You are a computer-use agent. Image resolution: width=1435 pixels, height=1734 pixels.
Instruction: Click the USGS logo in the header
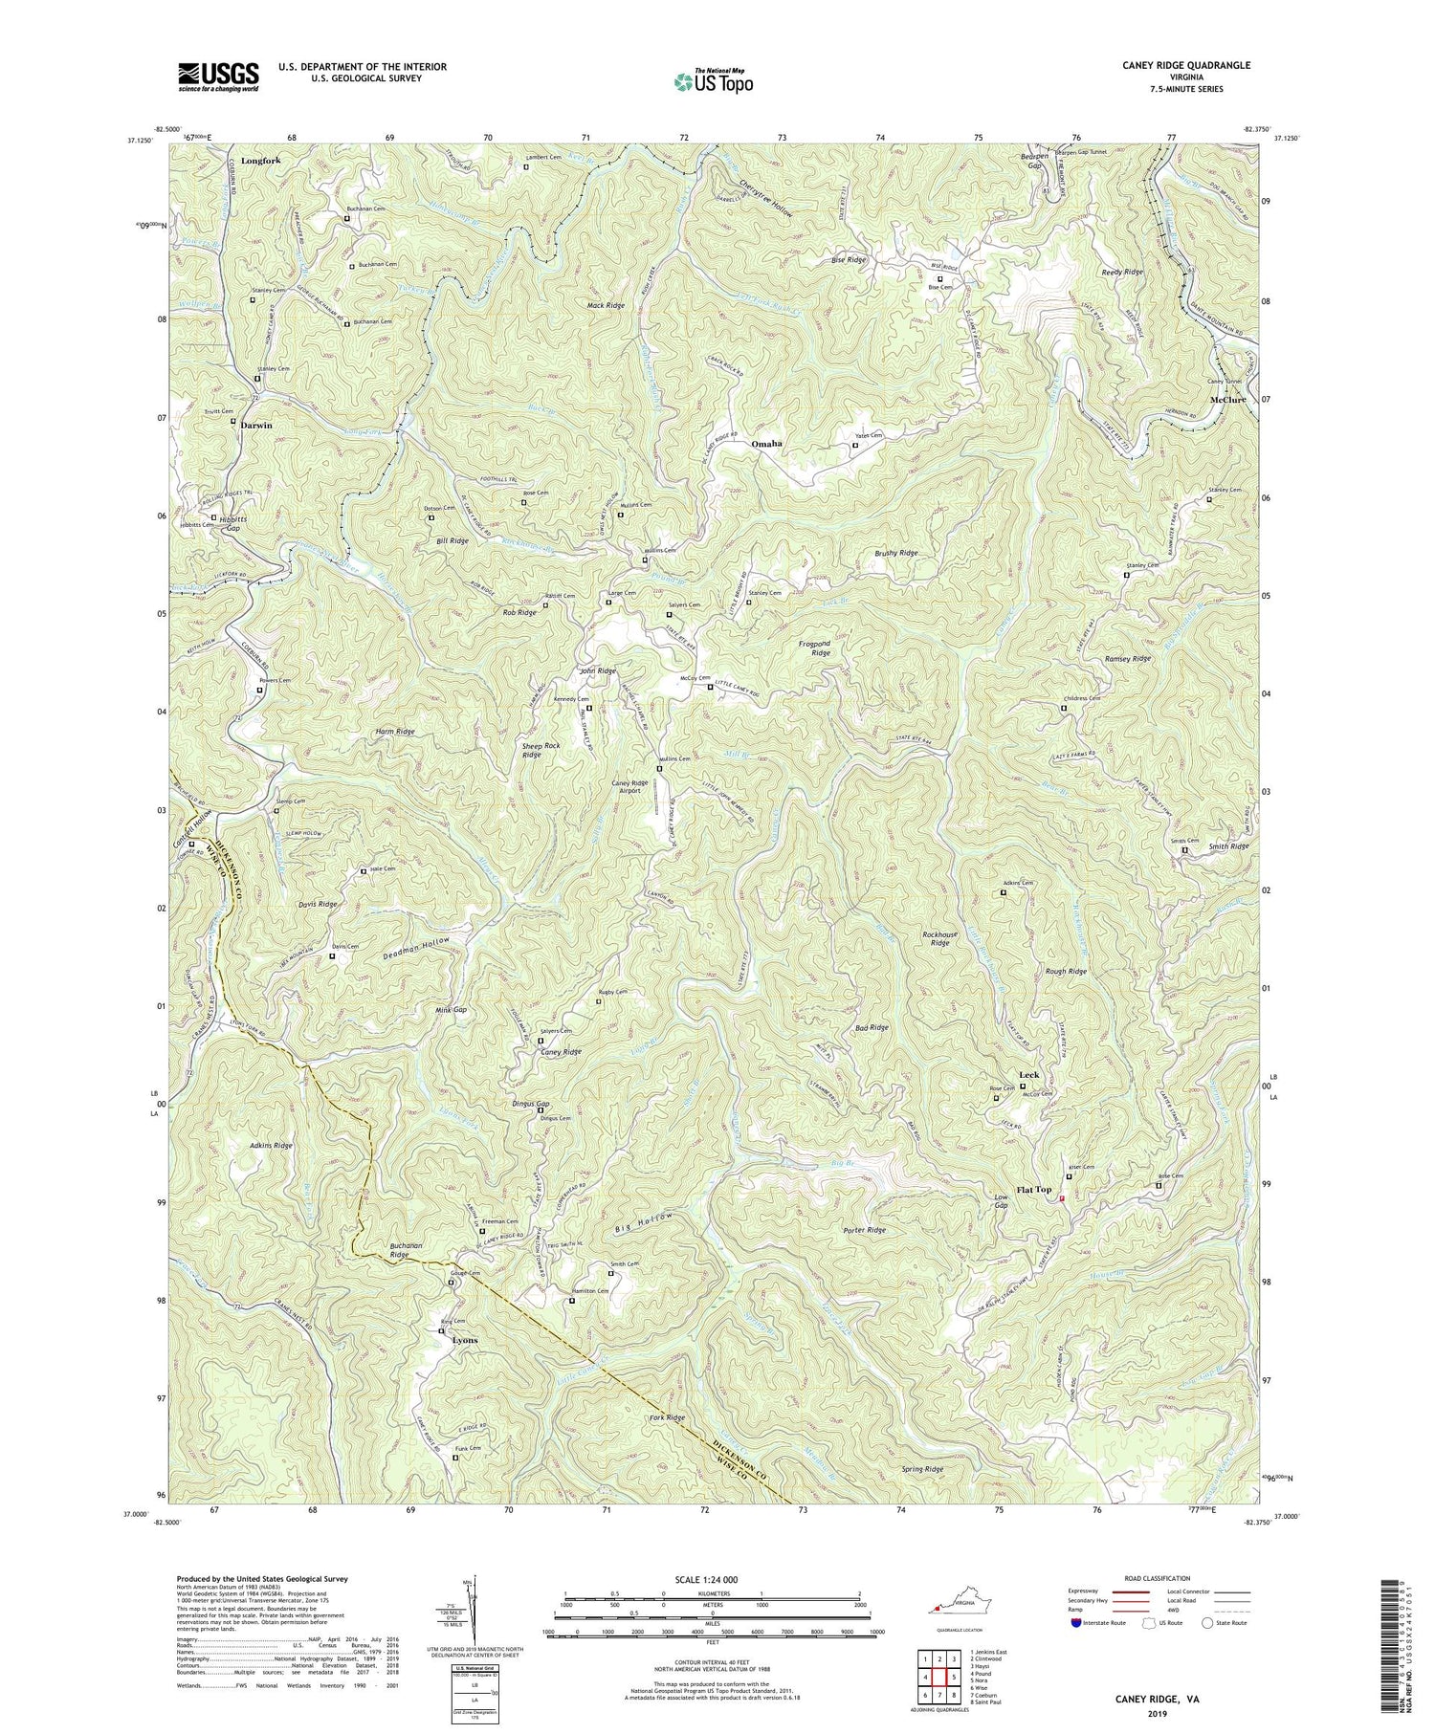tap(217, 77)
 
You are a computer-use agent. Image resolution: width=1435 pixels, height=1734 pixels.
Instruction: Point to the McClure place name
tap(1227, 400)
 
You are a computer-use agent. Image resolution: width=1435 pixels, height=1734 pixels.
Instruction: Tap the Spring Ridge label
tap(922, 1468)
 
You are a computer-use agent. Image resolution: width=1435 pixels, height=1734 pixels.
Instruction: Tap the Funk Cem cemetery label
tap(468, 1448)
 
